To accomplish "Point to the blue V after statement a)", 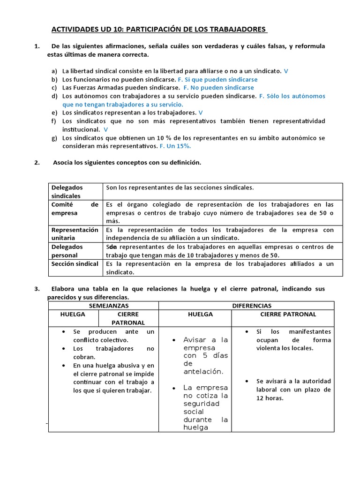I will (x=286, y=71).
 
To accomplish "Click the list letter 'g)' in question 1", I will (x=54, y=138).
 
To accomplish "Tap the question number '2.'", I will (x=37, y=163).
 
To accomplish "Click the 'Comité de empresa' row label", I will (x=75, y=209).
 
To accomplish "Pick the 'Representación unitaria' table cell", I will (x=75, y=234).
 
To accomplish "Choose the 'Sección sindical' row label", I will (x=75, y=264).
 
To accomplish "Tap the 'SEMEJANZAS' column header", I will (x=104, y=306).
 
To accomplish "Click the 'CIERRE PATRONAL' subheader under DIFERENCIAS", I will (x=288, y=314).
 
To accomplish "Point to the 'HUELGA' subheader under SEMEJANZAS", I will (x=73, y=314).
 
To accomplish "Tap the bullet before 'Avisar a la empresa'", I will (x=174, y=340).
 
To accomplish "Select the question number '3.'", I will (x=37, y=289).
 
